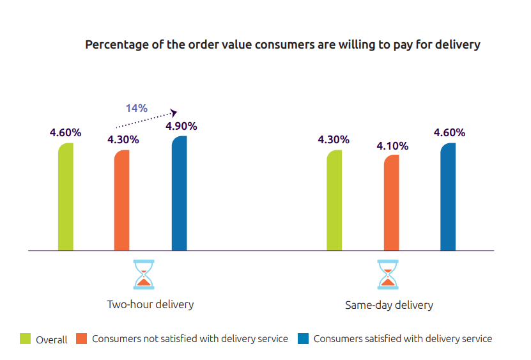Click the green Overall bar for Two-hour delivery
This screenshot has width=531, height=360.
tap(66, 197)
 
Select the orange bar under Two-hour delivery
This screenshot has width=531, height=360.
tap(121, 200)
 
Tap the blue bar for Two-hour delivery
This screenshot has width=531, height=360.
tap(180, 193)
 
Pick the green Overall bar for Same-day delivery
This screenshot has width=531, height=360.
tap(334, 200)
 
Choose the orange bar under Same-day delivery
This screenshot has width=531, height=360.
tap(391, 203)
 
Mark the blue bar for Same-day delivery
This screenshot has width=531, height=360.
tap(448, 197)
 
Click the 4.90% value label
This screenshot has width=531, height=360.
tap(181, 126)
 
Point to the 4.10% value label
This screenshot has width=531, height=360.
tap(392, 146)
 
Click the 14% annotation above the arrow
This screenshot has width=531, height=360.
tap(136, 108)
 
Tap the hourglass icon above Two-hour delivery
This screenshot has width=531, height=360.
tap(144, 274)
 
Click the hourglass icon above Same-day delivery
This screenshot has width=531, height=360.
tap(387, 274)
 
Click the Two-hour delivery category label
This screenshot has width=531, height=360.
tap(150, 304)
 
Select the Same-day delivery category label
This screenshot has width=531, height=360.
tap(389, 305)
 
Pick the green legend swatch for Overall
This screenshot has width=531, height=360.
tap(26, 339)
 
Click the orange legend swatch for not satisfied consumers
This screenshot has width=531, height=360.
tap(81, 339)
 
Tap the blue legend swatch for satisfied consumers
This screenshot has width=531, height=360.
tap(304, 339)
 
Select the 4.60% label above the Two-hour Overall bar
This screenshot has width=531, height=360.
tap(65, 133)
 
